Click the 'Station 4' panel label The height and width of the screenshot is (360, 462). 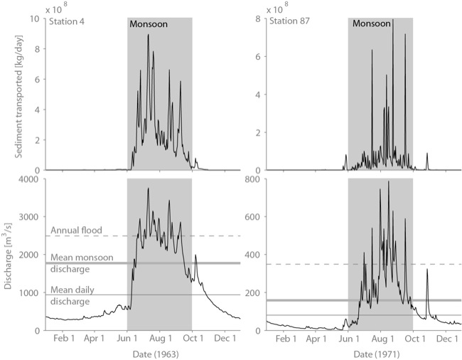[65, 22]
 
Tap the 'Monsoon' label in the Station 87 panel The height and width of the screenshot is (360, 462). [370, 23]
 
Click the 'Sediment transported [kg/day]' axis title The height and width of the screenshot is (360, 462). [15, 94]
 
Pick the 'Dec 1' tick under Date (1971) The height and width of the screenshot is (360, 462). [446, 341]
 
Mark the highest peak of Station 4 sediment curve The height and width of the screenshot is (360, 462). [148, 35]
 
